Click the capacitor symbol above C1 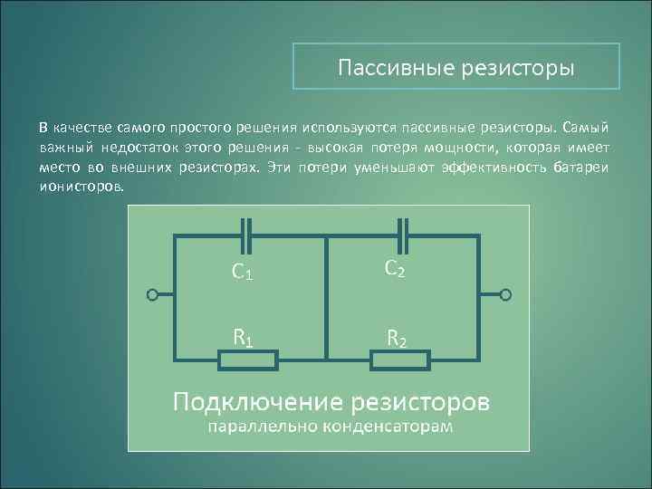point(245,235)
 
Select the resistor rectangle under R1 point(247,361)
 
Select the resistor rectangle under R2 point(399,361)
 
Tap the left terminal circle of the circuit point(153,295)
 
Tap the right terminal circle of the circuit point(505,295)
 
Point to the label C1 point(242,270)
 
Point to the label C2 point(396,268)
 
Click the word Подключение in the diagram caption point(258,401)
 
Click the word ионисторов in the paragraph point(84,184)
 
